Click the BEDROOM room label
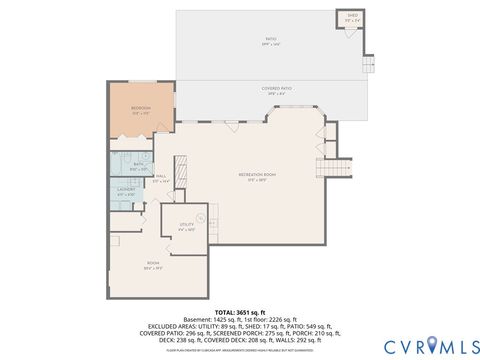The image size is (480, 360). click(140, 109)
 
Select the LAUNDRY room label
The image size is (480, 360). click(126, 190)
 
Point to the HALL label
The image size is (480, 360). click(160, 178)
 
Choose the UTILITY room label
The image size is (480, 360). click(186, 226)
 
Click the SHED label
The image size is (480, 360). click(352, 17)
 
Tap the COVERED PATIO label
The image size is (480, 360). click(275, 90)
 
